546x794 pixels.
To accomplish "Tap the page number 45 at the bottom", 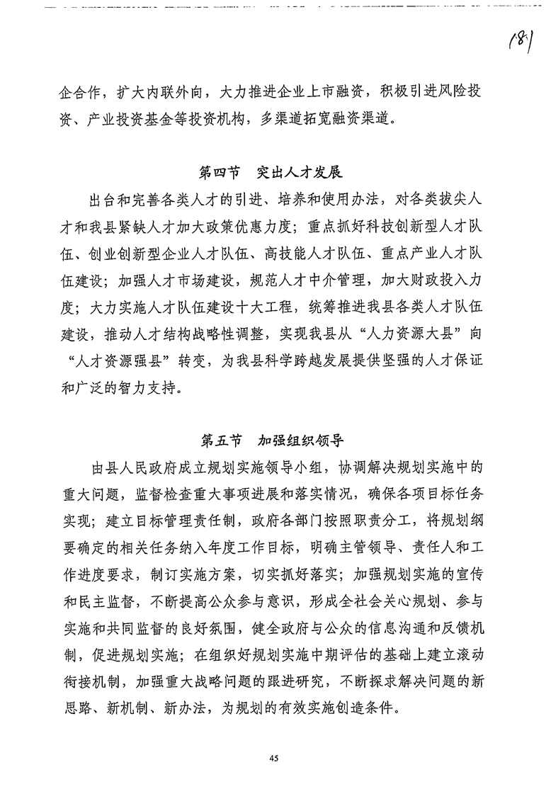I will (273, 759).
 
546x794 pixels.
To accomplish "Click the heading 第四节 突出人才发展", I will (272, 172).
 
